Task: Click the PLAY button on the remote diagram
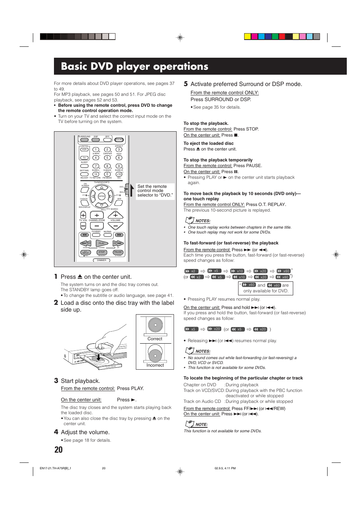tap(102, 243)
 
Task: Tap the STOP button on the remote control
tap(102, 252)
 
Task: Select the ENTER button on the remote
tap(102, 196)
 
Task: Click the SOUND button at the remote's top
tap(119, 140)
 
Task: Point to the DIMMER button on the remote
tap(102, 260)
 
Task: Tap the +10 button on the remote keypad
tap(119, 174)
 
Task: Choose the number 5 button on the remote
tap(107, 158)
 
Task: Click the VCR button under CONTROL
tap(85, 150)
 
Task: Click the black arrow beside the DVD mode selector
tap(131, 190)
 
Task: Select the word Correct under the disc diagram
tap(155, 339)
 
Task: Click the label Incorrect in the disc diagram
tap(155, 365)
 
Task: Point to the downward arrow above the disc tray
tap(98, 356)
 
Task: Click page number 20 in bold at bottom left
tap(58, 450)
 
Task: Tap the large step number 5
tap(186, 84)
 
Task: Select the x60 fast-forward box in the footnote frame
tap(249, 285)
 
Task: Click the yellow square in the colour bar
tap(248, 37)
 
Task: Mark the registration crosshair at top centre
tap(180, 37)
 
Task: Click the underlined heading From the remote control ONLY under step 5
tap(225, 93)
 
